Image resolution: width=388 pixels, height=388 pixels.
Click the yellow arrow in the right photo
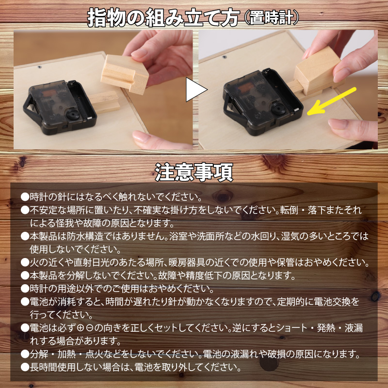click(x=335, y=101)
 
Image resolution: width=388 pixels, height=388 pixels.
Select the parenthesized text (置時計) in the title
click(x=271, y=18)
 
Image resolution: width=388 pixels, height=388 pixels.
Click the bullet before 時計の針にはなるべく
click(x=25, y=197)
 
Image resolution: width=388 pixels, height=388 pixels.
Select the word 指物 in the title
click(x=105, y=18)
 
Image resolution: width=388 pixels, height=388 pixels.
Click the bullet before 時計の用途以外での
click(x=25, y=289)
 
